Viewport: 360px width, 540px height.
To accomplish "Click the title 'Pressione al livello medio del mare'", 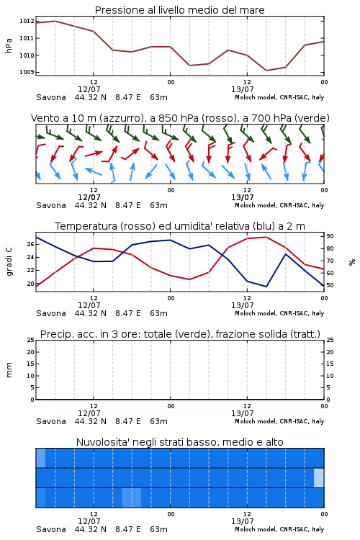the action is [179, 10].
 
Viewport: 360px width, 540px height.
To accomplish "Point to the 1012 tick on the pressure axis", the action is [27, 21].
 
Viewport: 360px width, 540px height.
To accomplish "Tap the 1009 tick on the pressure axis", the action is [27, 72].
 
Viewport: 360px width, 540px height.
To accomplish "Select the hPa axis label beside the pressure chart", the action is [9, 45].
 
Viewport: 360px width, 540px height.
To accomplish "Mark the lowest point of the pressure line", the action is [266, 71].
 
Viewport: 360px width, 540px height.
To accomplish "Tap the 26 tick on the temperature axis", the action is [31, 244].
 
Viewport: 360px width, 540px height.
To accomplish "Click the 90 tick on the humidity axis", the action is [330, 236].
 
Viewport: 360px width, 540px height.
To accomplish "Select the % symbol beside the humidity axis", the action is [352, 262].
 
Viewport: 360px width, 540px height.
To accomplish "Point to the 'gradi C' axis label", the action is [9, 261].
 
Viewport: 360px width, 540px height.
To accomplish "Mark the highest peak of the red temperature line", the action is [266, 237].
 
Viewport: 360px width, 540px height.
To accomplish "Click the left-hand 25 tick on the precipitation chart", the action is [31, 340].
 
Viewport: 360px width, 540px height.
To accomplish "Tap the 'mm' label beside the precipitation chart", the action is [9, 370].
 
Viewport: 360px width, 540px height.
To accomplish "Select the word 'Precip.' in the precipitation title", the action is [53, 334].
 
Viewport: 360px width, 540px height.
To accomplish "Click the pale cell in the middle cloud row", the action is [319, 477].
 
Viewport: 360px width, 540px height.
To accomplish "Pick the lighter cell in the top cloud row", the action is [40, 458].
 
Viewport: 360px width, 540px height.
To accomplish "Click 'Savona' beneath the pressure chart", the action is [51, 97].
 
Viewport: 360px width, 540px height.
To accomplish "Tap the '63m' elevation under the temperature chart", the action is [159, 313].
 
